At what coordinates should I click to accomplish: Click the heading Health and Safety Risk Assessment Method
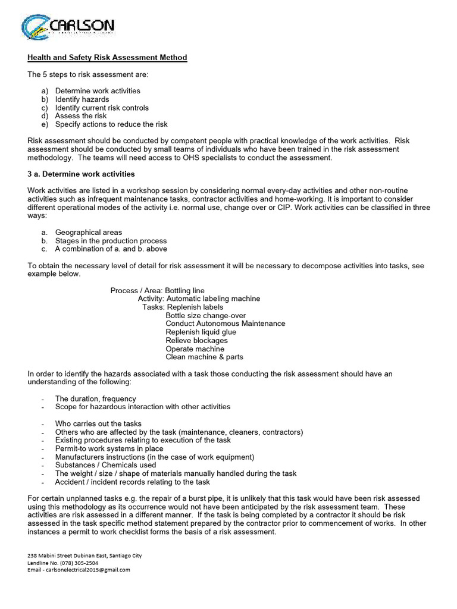click(107, 58)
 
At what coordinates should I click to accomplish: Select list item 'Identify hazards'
click(82, 99)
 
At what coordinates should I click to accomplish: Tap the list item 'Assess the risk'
click(81, 116)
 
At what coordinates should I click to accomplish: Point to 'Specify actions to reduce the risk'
click(111, 124)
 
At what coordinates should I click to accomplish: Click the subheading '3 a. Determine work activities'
click(81, 174)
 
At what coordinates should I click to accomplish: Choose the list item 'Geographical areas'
click(89, 232)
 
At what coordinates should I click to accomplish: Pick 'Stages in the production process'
click(111, 241)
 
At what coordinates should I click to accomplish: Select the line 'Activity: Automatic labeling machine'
click(199, 299)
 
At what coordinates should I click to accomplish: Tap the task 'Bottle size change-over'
click(205, 315)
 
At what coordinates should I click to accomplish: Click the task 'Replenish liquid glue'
click(201, 332)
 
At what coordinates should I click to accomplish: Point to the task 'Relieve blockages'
click(196, 340)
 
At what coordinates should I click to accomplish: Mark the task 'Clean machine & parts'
click(204, 357)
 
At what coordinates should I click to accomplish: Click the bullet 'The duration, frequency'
click(95, 398)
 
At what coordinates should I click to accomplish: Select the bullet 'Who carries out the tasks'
click(98, 423)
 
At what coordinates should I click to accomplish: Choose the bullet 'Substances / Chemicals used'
click(105, 465)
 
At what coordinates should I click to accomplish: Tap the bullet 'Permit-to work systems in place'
click(109, 448)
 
